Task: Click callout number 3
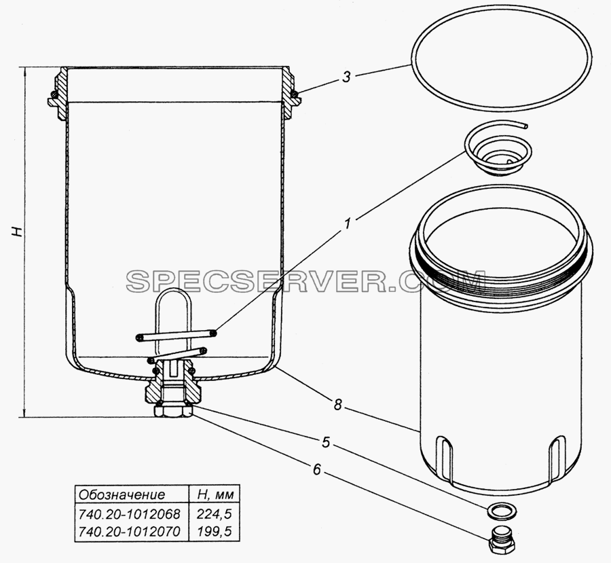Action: pyautogui.click(x=346, y=77)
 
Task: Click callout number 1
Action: pyautogui.click(x=348, y=224)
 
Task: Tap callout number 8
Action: pyautogui.click(x=337, y=405)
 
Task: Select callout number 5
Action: pyautogui.click(x=326, y=442)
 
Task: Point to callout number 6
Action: pyautogui.click(x=316, y=470)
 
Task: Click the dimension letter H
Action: pyautogui.click(x=18, y=232)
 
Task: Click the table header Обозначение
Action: pyautogui.click(x=122, y=495)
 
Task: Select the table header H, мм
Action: pyautogui.click(x=215, y=495)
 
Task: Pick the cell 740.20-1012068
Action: pyautogui.click(x=130, y=515)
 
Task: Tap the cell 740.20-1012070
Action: pyautogui.click(x=130, y=531)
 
